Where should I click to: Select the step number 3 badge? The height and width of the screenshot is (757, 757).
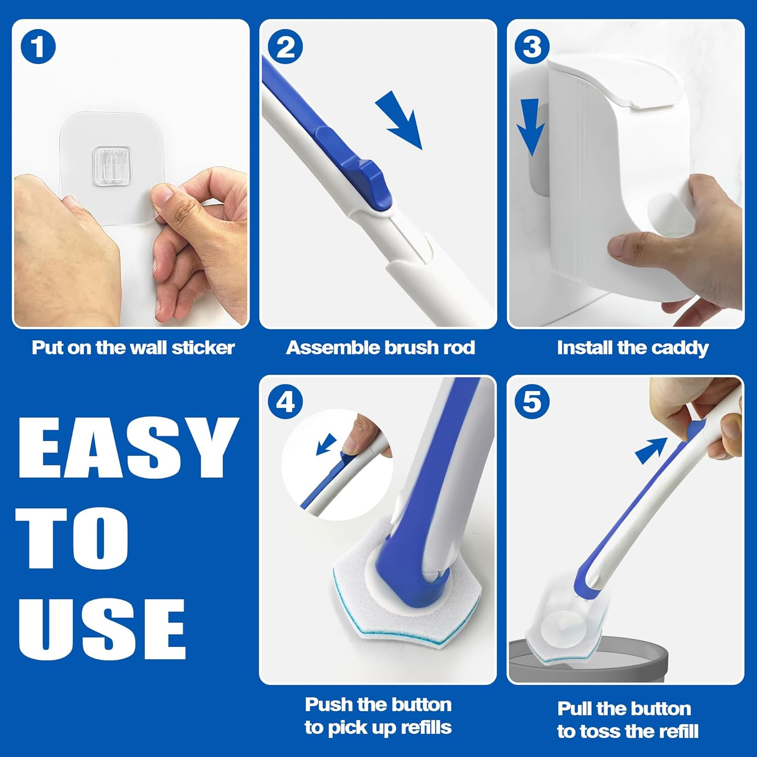coord(532,47)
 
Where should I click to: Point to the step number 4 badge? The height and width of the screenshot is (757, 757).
coord(285,402)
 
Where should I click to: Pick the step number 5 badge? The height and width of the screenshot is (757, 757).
coord(532,402)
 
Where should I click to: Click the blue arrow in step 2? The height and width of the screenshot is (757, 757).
coord(401,121)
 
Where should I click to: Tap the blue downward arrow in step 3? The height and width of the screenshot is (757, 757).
coord(531,126)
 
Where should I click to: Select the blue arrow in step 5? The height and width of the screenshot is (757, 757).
coord(651,449)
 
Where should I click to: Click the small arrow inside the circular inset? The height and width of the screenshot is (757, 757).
coord(326,444)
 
